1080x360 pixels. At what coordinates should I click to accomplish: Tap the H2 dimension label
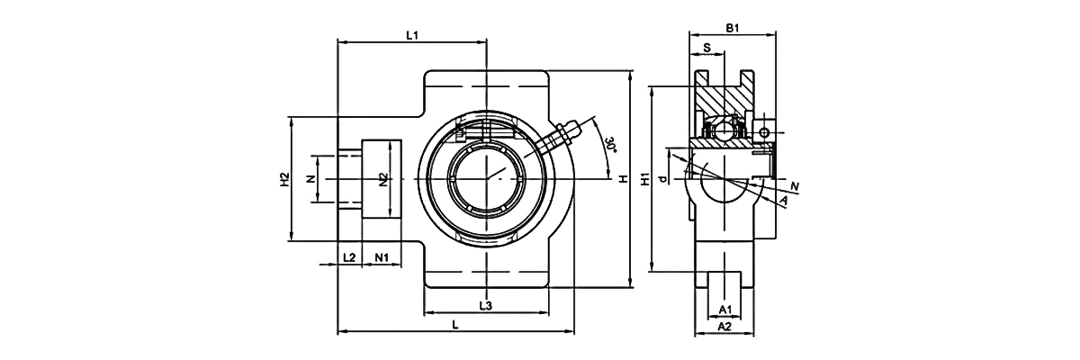283,179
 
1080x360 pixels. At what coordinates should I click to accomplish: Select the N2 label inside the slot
382,179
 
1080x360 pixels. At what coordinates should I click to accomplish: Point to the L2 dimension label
349,258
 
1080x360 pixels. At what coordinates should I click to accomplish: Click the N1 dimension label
382,258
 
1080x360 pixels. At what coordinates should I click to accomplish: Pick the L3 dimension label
485,306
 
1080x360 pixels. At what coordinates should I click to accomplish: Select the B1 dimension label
733,29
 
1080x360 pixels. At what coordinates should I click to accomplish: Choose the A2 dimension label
724,328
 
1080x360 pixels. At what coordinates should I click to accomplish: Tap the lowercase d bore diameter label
661,180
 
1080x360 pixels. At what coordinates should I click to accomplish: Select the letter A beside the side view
784,200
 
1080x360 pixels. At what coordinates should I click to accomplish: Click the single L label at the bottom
455,324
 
